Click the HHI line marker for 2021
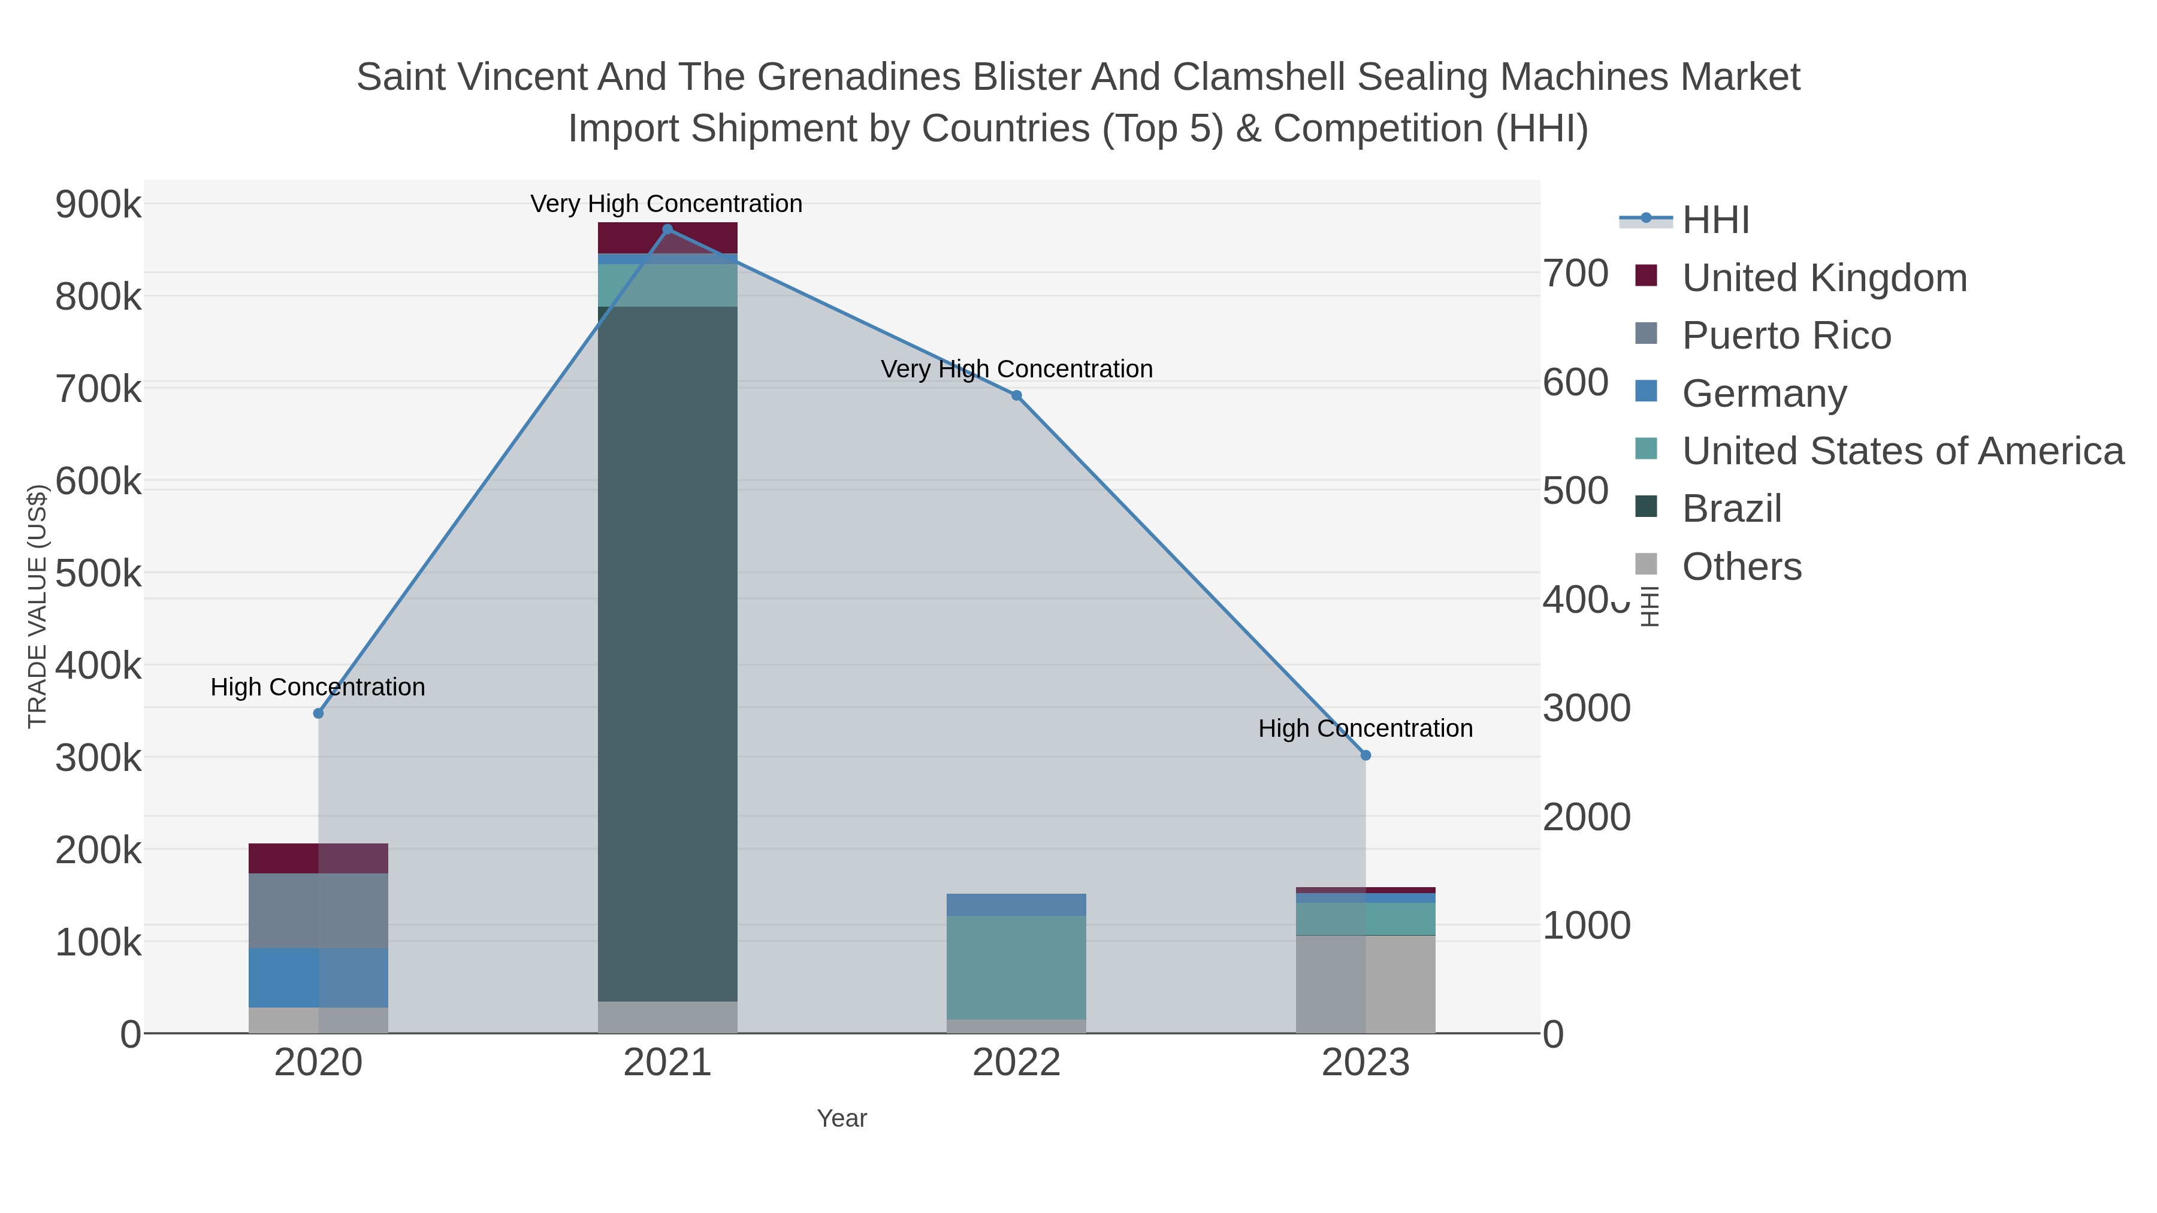(667, 229)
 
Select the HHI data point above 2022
(1017, 396)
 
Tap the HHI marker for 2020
(318, 714)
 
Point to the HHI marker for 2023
(1366, 756)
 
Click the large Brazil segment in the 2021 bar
(667, 653)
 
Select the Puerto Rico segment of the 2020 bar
(318, 910)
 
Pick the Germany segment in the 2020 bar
(318, 978)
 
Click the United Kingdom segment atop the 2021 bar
(667, 238)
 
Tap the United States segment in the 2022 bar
(1017, 967)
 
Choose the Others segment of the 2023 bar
(1366, 984)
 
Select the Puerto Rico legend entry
(1786, 335)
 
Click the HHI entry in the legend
(1715, 220)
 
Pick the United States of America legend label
(1902, 451)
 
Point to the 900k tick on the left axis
(98, 205)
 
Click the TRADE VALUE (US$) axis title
(38, 607)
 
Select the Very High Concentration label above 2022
(1017, 369)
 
